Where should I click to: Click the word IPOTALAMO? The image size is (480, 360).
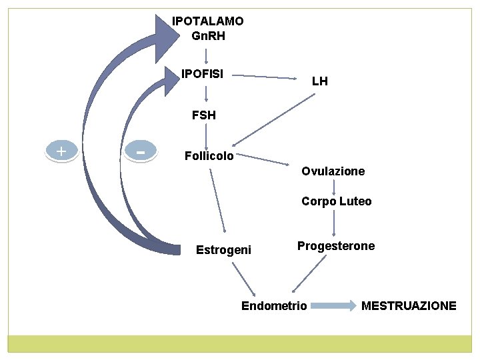(x=207, y=21)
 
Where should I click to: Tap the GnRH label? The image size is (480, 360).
(x=207, y=36)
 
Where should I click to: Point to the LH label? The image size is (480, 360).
(x=319, y=81)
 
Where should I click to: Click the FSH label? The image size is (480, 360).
(x=203, y=115)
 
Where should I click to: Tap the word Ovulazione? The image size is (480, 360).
(x=333, y=171)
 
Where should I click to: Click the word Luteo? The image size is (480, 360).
(x=355, y=201)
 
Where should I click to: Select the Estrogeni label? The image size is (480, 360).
(x=223, y=250)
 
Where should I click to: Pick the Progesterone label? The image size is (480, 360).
(x=336, y=246)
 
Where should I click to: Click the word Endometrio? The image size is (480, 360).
(x=274, y=306)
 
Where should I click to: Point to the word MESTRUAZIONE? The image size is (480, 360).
(x=409, y=306)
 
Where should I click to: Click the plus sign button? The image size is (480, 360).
(x=61, y=151)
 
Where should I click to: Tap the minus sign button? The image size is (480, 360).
(x=141, y=151)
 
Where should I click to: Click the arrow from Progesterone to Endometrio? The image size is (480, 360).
(x=310, y=273)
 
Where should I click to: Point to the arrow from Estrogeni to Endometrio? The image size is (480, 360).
(x=244, y=279)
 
